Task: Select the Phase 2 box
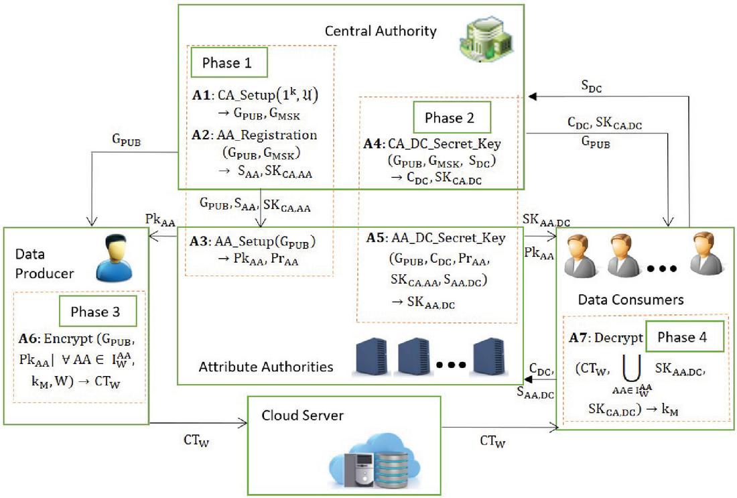pyautogui.click(x=452, y=118)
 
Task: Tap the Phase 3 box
pyautogui.click(x=98, y=312)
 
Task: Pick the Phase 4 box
pyautogui.click(x=685, y=337)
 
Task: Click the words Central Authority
pyautogui.click(x=380, y=31)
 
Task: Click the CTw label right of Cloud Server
pyautogui.click(x=494, y=440)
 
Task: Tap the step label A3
pyautogui.click(x=202, y=241)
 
